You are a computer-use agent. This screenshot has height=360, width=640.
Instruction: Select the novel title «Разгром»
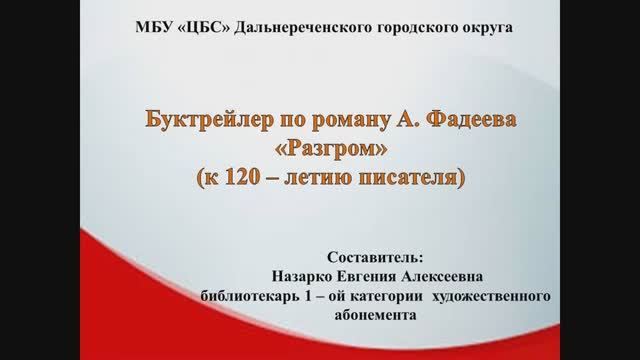(x=320, y=153)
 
